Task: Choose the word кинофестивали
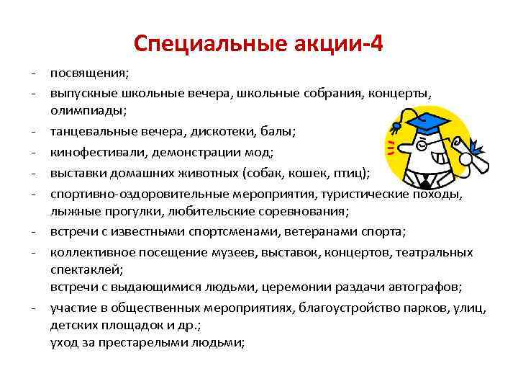93,153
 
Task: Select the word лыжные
72,211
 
